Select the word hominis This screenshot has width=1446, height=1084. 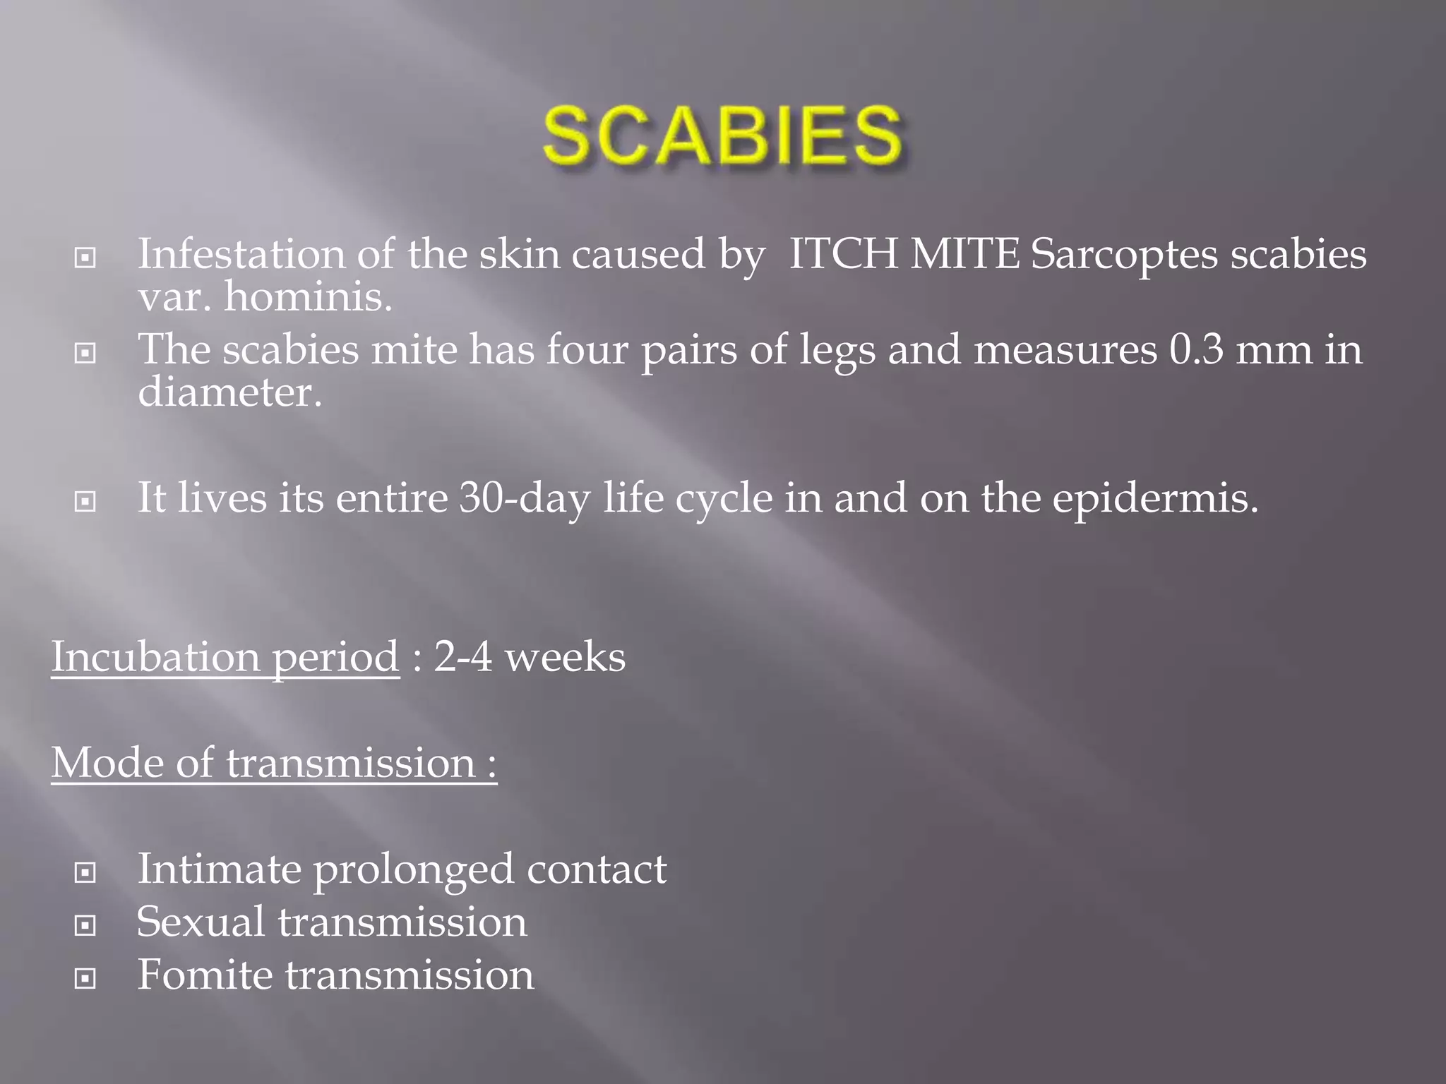tap(307, 297)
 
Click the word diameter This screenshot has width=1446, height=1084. tap(229, 392)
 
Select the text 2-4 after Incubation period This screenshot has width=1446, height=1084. tap(462, 657)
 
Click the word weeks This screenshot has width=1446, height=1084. tap(565, 657)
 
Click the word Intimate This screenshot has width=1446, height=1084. tap(219, 869)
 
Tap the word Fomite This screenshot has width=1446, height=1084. tap(205, 975)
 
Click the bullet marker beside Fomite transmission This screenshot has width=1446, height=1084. tap(85, 978)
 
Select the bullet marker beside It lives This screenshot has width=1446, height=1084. tap(85, 502)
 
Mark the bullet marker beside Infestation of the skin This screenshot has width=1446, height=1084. tap(85, 258)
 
